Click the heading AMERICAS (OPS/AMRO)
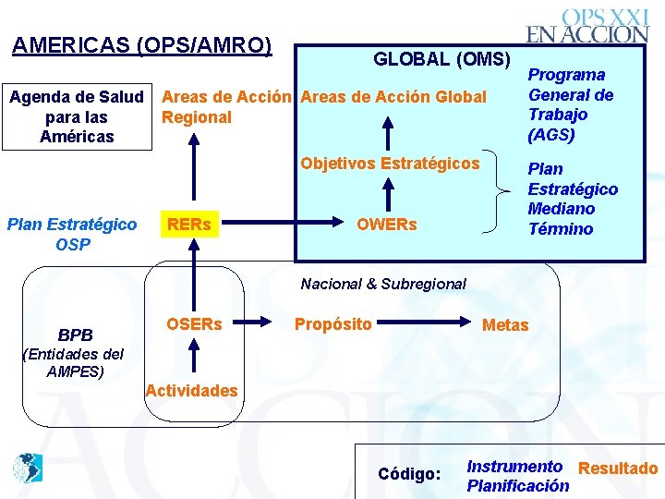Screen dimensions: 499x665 141,45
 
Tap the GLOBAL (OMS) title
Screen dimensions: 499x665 441,60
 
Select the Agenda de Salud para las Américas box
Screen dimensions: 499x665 77,116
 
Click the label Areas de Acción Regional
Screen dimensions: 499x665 227,106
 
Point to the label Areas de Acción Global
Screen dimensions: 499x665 393,97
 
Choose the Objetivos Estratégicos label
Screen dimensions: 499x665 390,164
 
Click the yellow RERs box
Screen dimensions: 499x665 188,225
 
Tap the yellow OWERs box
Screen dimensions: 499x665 386,225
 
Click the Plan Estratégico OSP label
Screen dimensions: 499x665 72,234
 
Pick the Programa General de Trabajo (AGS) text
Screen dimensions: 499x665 570,104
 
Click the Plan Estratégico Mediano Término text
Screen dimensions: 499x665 572,199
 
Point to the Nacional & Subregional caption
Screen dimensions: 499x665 383,285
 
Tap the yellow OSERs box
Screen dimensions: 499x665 194,324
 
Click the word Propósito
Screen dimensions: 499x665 332,324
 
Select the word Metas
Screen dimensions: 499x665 505,325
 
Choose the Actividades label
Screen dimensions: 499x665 191,390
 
